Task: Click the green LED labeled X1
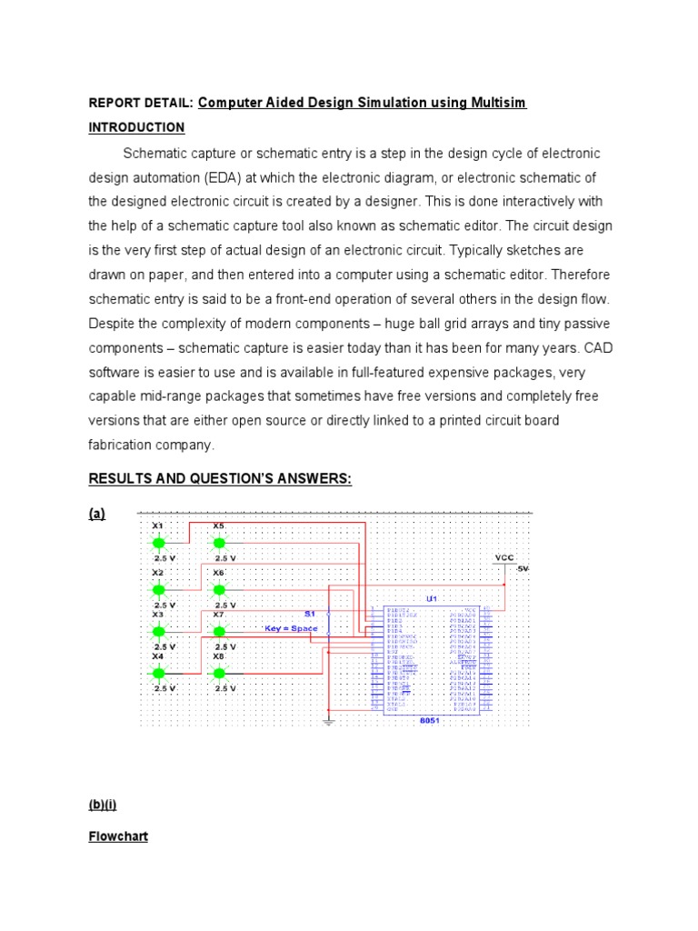tap(159, 544)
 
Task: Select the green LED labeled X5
tap(219, 544)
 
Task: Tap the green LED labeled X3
tap(159, 631)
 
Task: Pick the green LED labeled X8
tap(219, 674)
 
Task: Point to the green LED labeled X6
tap(219, 588)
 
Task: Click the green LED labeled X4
tap(159, 674)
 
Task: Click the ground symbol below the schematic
tap(328, 723)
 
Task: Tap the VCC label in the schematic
tap(504, 557)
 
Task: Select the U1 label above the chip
tap(432, 598)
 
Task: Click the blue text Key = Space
tap(291, 628)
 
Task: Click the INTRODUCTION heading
tap(136, 127)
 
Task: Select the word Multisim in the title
tap(497, 103)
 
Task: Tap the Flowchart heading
tap(118, 836)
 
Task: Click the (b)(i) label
tap(103, 806)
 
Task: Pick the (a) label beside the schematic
tap(96, 514)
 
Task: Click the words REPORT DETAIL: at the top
tap(140, 104)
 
